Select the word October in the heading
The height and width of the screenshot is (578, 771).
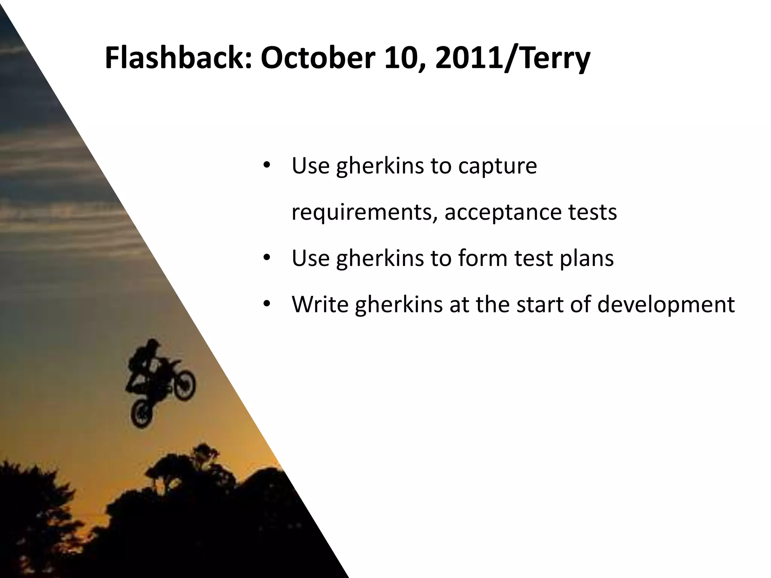point(318,58)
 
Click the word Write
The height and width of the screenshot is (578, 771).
point(320,304)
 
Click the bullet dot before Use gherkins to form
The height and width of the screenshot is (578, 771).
point(267,259)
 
